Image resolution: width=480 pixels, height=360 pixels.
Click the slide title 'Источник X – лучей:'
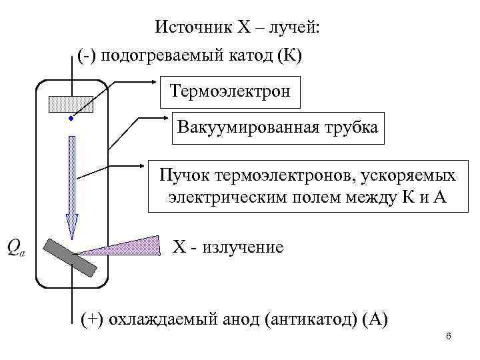point(237,27)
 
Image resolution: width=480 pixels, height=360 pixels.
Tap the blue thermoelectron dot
point(70,119)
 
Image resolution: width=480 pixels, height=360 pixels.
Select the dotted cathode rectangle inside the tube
point(70,103)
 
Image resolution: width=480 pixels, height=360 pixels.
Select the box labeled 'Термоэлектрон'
point(230,90)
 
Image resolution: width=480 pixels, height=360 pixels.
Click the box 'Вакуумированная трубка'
point(277,127)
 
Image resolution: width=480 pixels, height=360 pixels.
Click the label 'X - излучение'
point(228,247)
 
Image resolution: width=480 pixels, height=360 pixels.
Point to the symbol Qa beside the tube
point(16,247)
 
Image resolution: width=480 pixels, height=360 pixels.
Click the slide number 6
point(449,336)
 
